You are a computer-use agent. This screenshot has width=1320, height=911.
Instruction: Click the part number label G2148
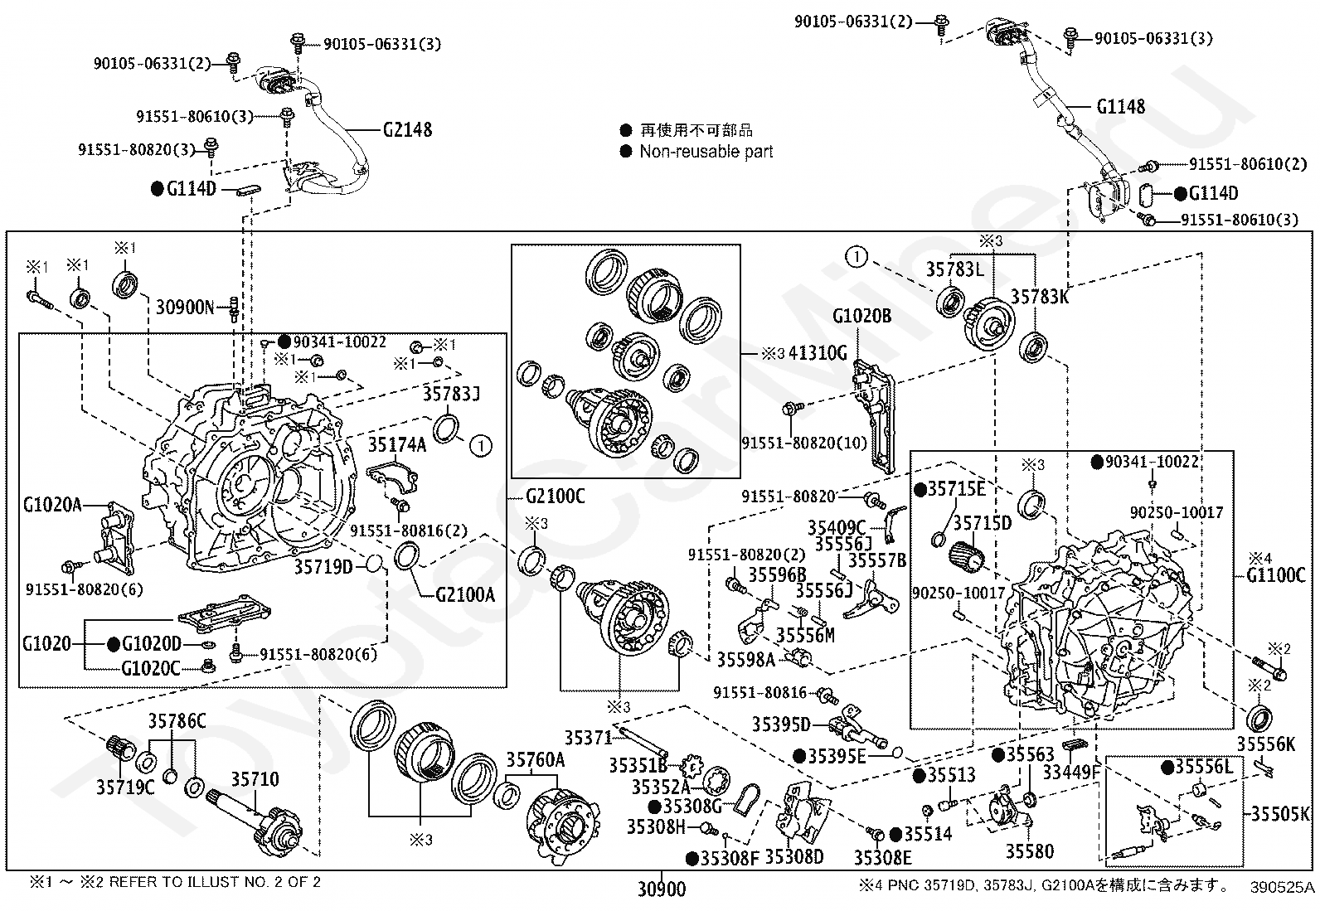click(407, 130)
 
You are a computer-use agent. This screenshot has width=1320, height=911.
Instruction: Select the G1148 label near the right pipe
click(1120, 107)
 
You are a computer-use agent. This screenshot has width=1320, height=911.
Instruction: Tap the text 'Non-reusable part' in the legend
click(706, 152)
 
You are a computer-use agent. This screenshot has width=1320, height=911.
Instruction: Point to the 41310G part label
click(818, 353)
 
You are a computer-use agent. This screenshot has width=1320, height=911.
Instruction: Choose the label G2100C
click(555, 497)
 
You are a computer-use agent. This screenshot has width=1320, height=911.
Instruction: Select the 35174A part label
click(397, 445)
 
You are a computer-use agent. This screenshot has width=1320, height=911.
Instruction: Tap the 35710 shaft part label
click(255, 779)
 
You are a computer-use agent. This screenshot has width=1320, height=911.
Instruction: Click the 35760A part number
click(536, 760)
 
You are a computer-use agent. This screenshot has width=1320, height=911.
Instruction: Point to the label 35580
click(1030, 851)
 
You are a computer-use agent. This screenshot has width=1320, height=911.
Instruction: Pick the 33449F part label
click(1070, 773)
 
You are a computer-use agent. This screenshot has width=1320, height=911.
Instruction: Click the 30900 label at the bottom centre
click(662, 889)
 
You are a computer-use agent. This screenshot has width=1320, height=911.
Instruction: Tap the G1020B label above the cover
click(861, 316)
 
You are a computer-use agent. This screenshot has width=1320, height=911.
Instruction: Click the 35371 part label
click(588, 737)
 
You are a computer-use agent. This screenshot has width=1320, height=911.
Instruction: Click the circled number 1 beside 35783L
click(857, 257)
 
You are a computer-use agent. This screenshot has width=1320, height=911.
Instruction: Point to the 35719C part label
click(125, 787)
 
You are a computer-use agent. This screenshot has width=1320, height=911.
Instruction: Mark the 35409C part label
click(837, 527)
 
